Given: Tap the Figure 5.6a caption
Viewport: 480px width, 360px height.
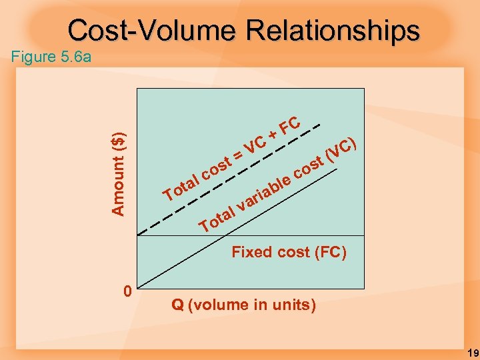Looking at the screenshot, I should pos(51,57).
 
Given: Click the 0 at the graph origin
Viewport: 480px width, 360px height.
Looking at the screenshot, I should pos(127,292).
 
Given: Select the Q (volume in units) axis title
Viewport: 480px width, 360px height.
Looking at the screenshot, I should pos(243,305).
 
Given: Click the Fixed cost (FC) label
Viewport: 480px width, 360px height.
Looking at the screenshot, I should pos(289,252).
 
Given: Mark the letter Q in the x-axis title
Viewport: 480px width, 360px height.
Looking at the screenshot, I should pos(177,305).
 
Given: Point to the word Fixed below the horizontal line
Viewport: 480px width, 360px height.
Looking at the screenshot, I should pos(248,252).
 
